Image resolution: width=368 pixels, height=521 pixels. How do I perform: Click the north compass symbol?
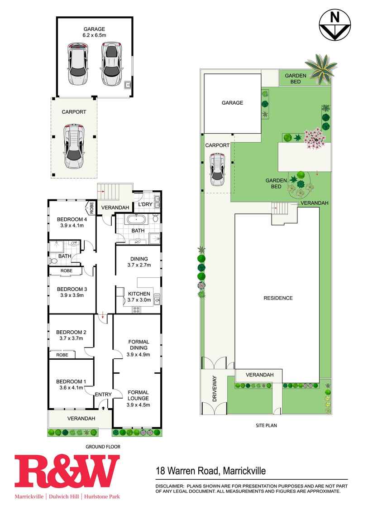coord(335,24)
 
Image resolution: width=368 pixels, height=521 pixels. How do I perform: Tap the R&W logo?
coord(67,477)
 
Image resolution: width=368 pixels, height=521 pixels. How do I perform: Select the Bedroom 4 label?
coord(72,219)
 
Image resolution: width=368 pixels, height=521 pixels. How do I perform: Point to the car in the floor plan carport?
coord(74,146)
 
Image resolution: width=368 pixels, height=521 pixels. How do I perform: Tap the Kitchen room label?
coord(139,294)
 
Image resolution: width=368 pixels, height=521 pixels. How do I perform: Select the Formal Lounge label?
coord(138,396)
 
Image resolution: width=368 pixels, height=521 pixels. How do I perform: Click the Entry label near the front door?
coord(103,395)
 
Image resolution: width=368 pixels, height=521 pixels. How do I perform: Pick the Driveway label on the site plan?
coord(215,389)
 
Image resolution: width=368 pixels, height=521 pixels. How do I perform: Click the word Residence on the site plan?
coord(278,298)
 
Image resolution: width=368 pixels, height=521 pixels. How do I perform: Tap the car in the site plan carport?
coord(217,169)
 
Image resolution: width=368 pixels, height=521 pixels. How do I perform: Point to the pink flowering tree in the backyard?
coord(314,138)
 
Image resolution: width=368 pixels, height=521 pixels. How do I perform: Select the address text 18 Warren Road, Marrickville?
coord(211,471)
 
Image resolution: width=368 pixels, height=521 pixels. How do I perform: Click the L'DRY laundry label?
coord(145,204)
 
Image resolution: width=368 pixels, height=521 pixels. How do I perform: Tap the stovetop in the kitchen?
coord(136,310)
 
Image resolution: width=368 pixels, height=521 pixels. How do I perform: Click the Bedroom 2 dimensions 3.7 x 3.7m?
coord(72,338)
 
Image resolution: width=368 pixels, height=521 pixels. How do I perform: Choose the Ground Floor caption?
coord(103,447)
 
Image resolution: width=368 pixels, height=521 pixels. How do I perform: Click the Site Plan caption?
coord(266,425)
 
